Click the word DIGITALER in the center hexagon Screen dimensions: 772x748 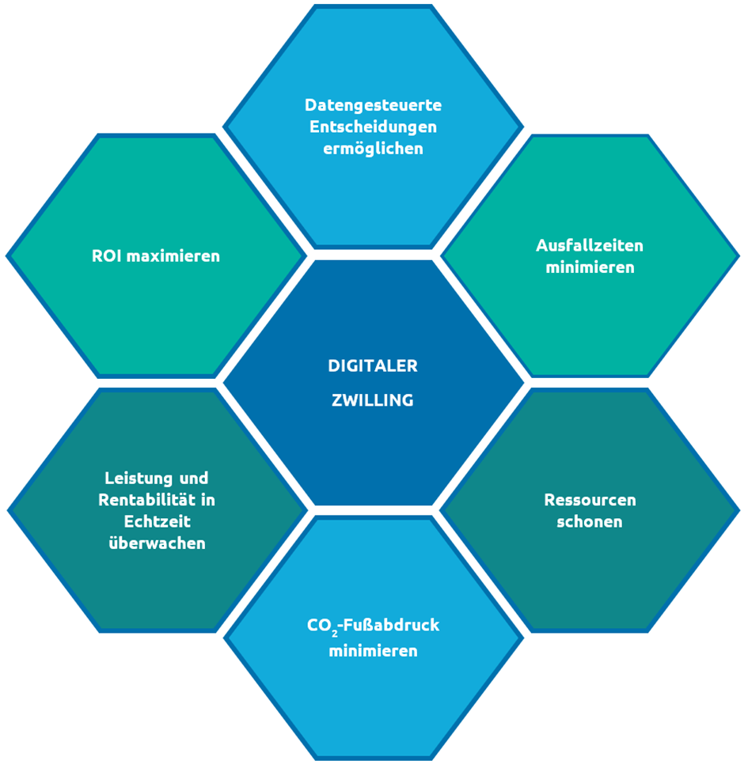(x=373, y=366)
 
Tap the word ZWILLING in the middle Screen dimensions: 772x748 (x=373, y=400)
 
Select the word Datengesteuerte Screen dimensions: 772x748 (x=373, y=104)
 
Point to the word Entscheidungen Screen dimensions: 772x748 (x=373, y=127)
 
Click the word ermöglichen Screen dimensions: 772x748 (x=373, y=149)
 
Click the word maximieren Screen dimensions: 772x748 (x=174, y=256)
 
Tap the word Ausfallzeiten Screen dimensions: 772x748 (x=590, y=245)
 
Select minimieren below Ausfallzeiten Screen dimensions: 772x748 (x=590, y=267)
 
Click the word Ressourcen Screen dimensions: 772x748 (x=590, y=500)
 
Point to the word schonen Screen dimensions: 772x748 (x=590, y=522)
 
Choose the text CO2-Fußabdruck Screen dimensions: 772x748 (x=373, y=626)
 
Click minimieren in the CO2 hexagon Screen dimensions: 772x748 (x=373, y=652)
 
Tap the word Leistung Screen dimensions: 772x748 (x=139, y=478)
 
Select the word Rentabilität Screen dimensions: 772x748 (x=148, y=500)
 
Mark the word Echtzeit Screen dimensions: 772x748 (x=157, y=522)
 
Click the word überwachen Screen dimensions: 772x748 (x=157, y=544)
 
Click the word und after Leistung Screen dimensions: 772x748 (x=195, y=478)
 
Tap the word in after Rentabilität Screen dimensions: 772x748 (x=208, y=500)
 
